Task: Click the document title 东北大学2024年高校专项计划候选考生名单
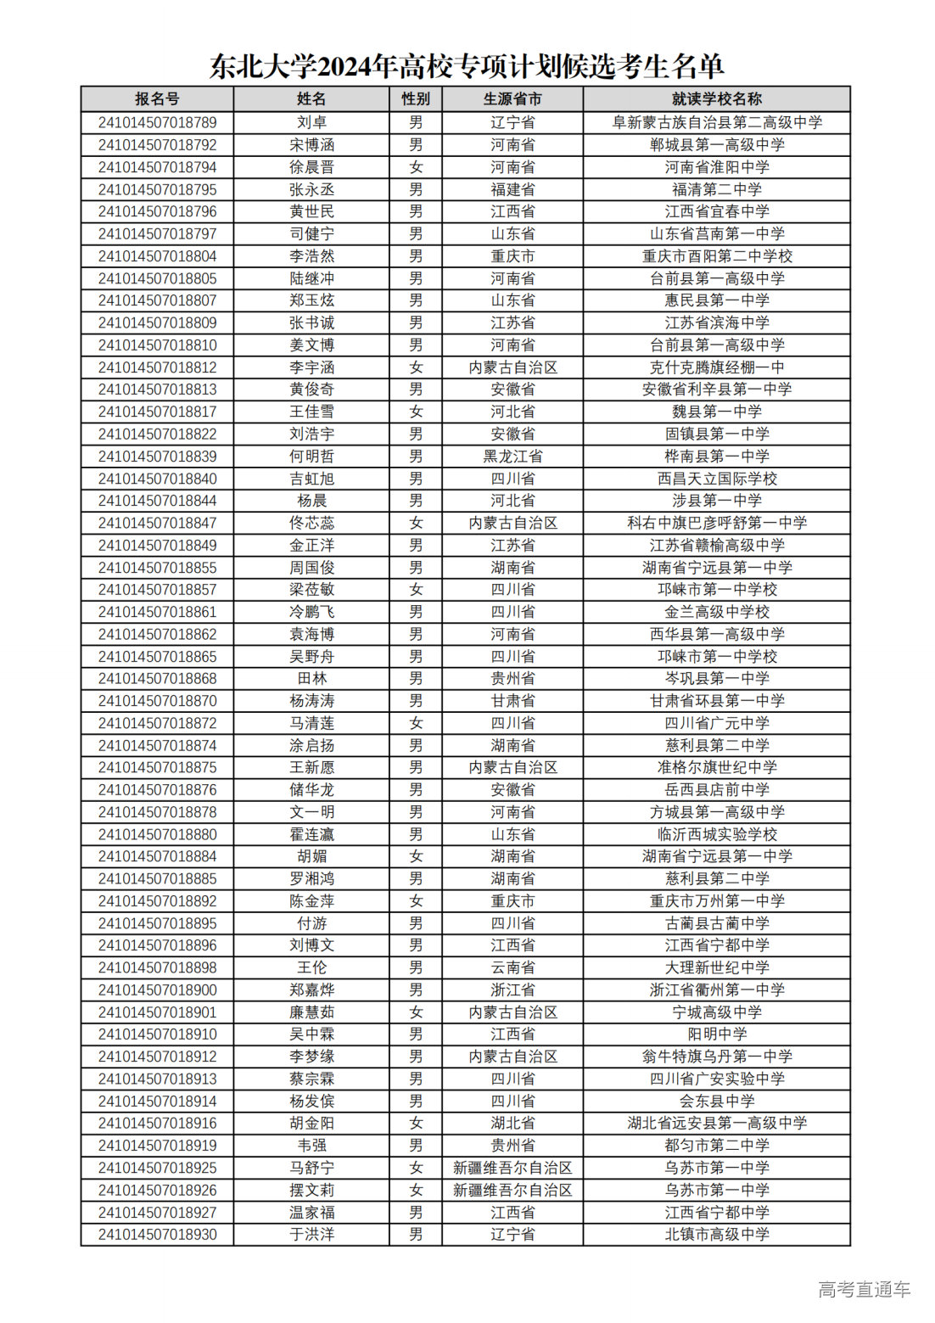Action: (x=467, y=65)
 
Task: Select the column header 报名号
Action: (x=157, y=99)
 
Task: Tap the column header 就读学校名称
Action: (x=716, y=99)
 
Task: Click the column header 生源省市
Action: (x=512, y=99)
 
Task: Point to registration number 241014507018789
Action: (x=157, y=122)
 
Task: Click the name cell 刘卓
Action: (x=311, y=122)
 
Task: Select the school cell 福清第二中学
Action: (x=716, y=189)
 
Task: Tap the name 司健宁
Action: (x=311, y=233)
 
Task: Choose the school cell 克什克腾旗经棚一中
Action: (x=716, y=367)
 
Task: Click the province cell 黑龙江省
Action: (x=512, y=456)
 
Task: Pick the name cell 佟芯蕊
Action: (x=311, y=523)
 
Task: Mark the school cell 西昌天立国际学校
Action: (x=716, y=479)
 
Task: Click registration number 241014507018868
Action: (x=157, y=678)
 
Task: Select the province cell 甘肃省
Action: (x=512, y=701)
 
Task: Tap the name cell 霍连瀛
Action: (x=311, y=834)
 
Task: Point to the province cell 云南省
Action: (x=512, y=967)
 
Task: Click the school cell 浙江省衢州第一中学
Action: (x=716, y=989)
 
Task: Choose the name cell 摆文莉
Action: (x=311, y=1190)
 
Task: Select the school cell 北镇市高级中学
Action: (x=716, y=1234)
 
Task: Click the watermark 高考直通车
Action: (x=864, y=1289)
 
